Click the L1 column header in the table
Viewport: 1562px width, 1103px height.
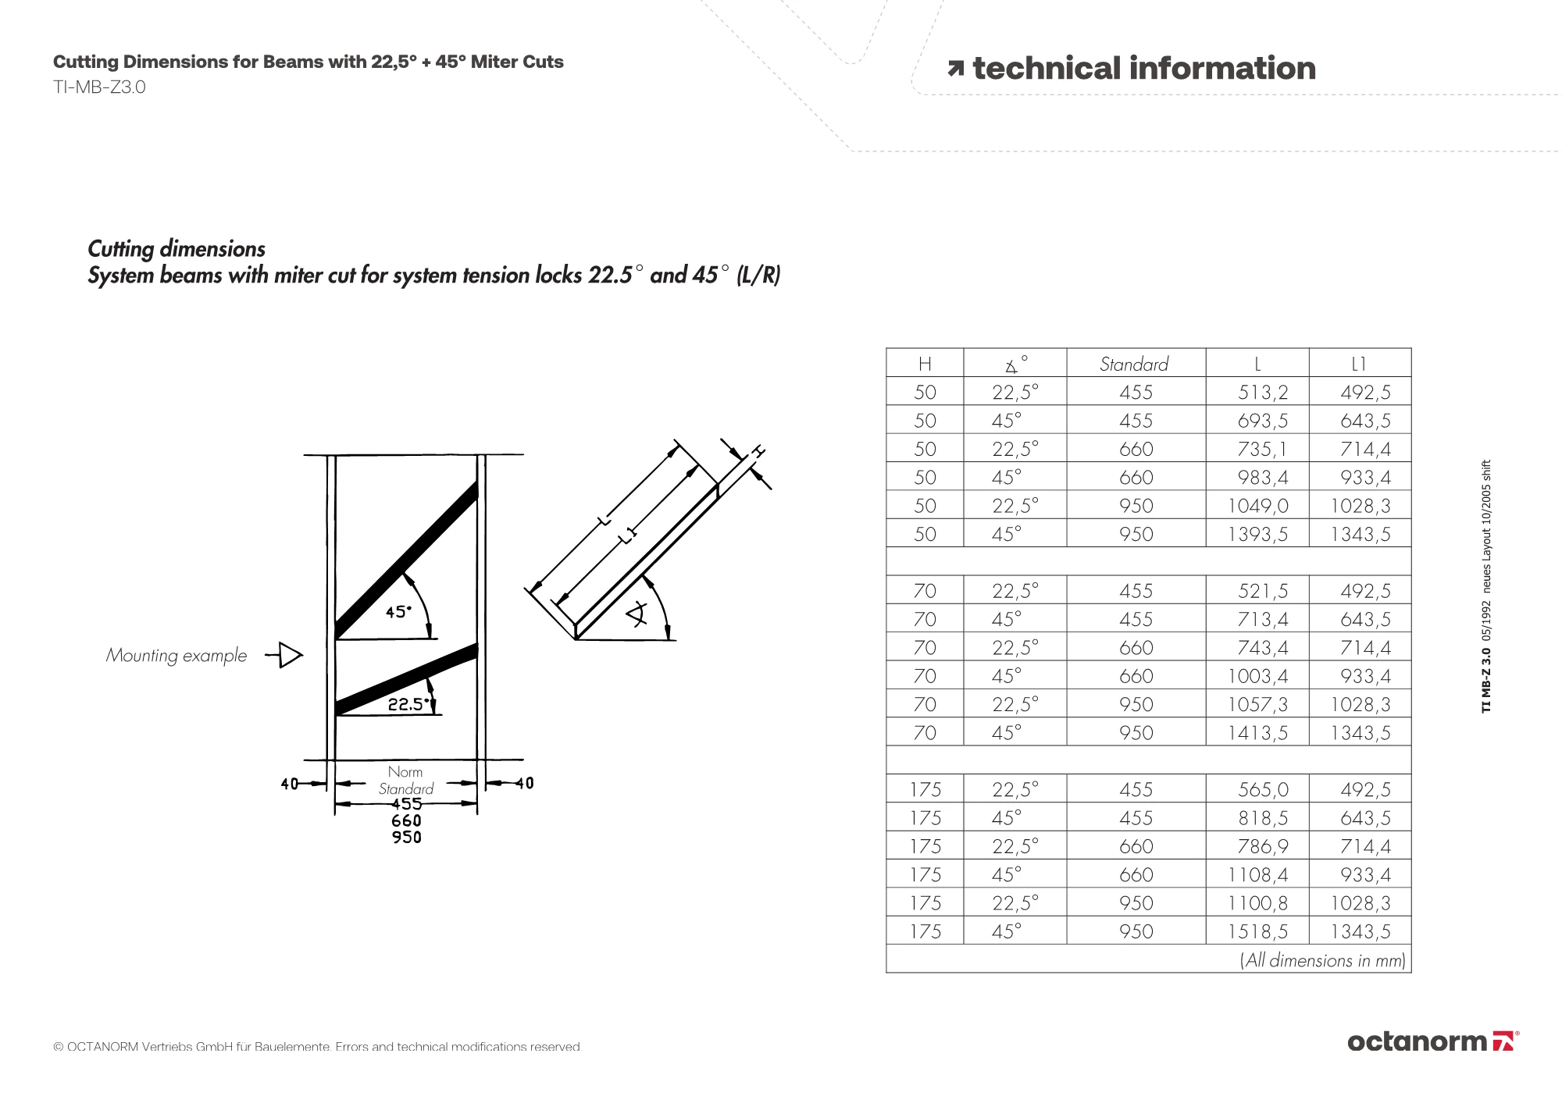point(1359,364)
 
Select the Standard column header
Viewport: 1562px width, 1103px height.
point(1134,364)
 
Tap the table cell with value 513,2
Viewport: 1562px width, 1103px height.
point(1262,393)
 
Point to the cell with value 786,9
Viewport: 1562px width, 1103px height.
point(1262,847)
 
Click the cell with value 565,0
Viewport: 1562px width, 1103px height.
point(1262,790)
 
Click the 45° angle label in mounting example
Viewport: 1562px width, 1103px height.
point(398,612)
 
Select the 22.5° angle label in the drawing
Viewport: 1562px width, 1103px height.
point(408,704)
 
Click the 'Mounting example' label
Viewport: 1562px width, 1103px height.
point(177,656)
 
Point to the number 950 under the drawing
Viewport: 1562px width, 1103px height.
point(407,838)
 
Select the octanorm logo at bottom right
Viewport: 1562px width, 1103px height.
point(1433,1041)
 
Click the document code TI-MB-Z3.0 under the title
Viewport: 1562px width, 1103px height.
point(99,87)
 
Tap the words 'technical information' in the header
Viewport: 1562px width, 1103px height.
point(1143,69)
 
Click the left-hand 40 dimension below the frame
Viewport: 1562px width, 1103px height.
point(289,784)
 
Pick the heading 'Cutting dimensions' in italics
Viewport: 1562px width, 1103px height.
point(177,249)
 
